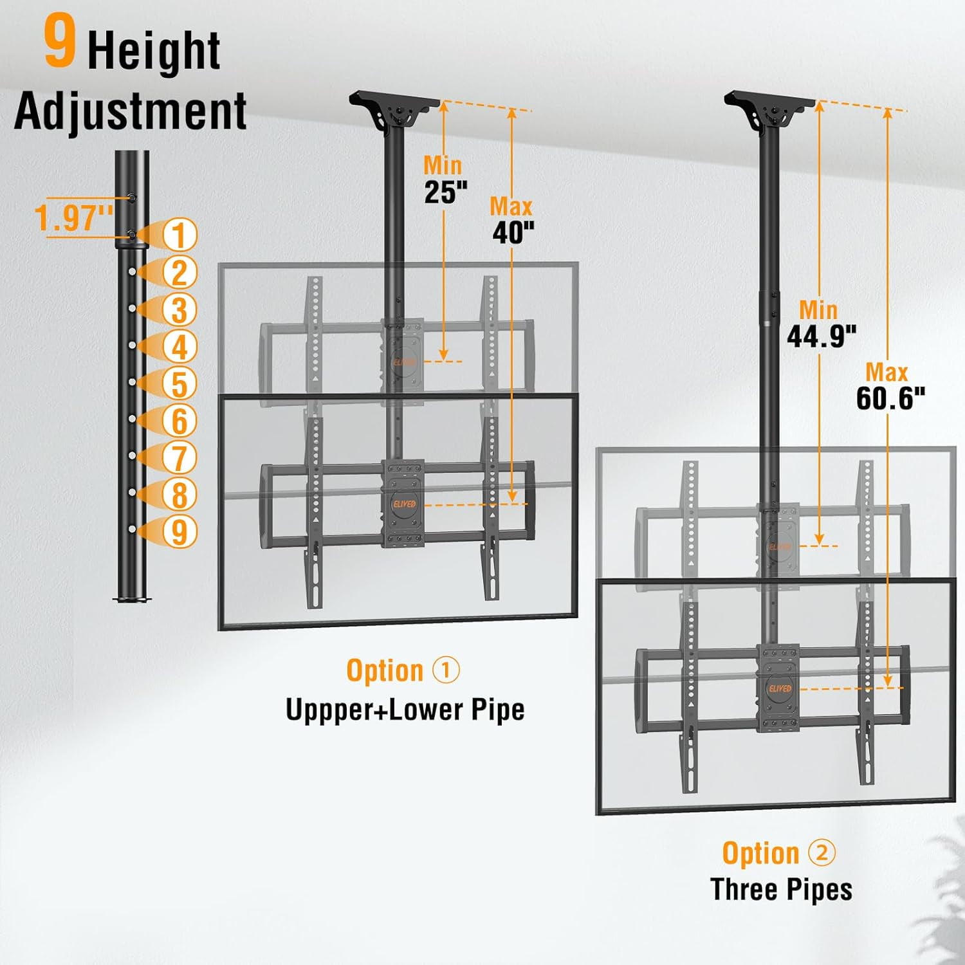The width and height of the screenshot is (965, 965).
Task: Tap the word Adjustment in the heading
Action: tap(131, 111)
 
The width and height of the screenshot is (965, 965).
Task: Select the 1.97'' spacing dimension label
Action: tap(74, 217)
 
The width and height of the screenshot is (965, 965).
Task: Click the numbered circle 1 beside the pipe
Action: tap(179, 235)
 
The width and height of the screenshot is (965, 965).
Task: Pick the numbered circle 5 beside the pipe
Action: tap(179, 383)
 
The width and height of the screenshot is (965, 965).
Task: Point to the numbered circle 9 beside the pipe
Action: tap(179, 532)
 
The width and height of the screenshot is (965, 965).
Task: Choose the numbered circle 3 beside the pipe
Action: tap(179, 309)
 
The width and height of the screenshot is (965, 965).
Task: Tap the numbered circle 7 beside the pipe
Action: tap(179, 458)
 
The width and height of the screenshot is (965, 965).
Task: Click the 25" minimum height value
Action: tap(445, 192)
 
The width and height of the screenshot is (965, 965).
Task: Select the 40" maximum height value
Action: tap(513, 232)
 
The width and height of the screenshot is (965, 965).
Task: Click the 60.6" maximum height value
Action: tap(890, 398)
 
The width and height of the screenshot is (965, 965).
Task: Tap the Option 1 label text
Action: tap(403, 670)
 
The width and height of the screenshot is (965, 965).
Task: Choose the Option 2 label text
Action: tap(778, 853)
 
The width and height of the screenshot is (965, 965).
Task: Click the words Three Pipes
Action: tap(781, 890)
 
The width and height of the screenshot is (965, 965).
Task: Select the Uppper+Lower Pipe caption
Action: tap(405, 710)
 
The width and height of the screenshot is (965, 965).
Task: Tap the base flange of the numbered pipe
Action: tap(132, 600)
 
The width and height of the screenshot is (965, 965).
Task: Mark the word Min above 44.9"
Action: tap(818, 310)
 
